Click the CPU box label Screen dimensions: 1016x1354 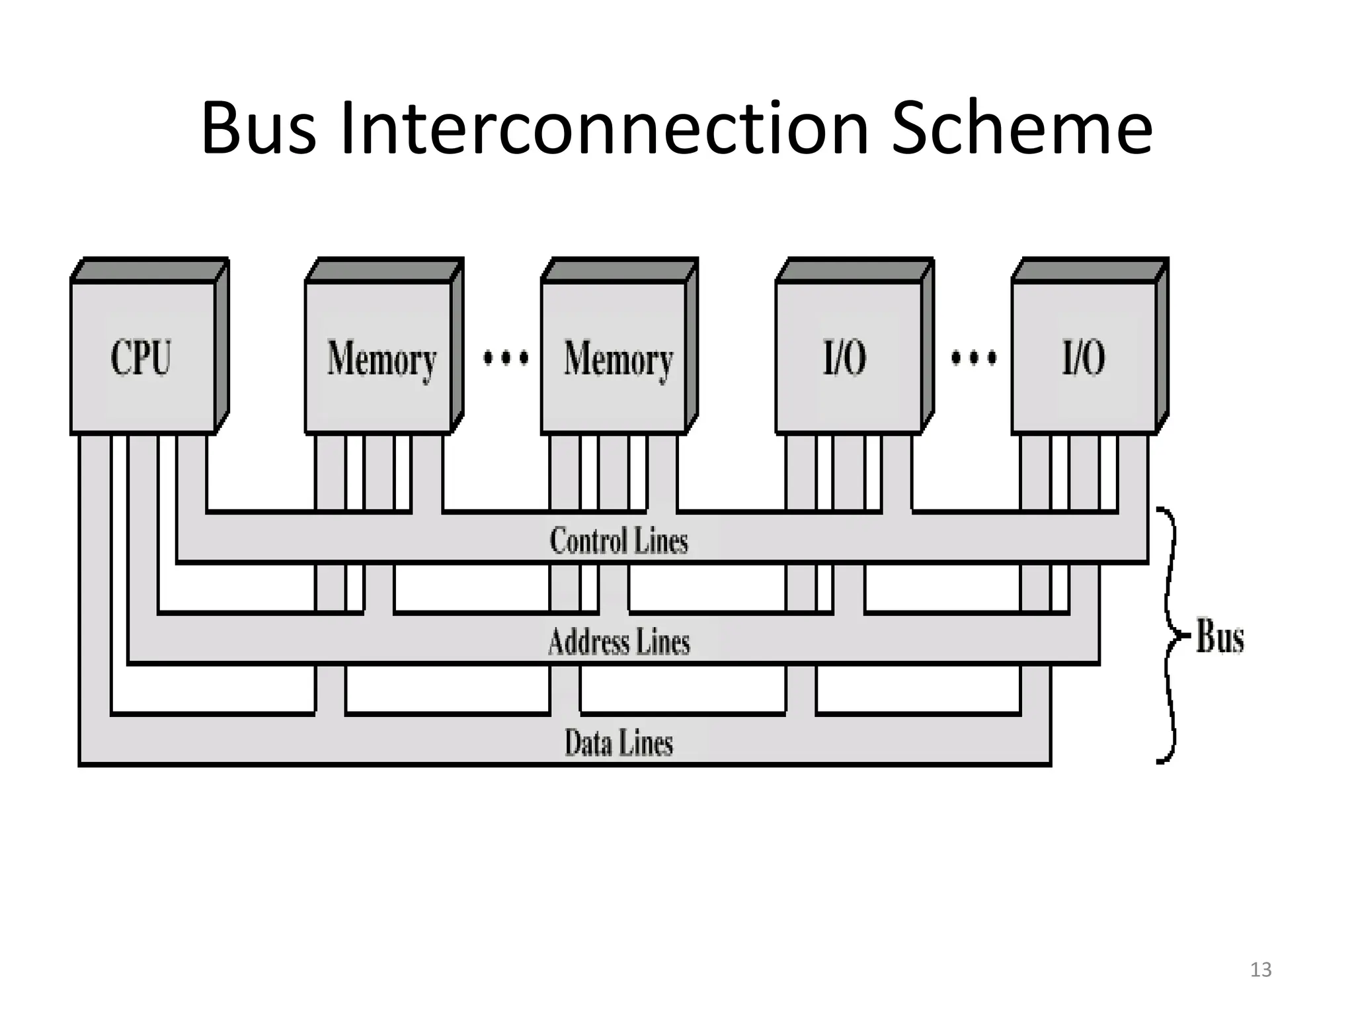pos(141,358)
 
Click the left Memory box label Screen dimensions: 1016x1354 pos(381,360)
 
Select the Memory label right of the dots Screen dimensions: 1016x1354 pos(618,360)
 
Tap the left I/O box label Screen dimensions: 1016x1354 pos(844,358)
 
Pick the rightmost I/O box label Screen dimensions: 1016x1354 pos(1083,358)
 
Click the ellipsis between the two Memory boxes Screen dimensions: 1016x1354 pos(506,359)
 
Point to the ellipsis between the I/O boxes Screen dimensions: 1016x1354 pos(973,359)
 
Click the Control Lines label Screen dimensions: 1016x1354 pos(618,540)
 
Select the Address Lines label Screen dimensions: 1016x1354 pos(618,642)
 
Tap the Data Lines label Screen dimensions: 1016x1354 pos(618,742)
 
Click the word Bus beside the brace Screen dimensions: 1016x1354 pos(1220,636)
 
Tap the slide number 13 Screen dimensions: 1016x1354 pos(1260,970)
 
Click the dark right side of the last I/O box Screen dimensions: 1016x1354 pos(1162,344)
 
